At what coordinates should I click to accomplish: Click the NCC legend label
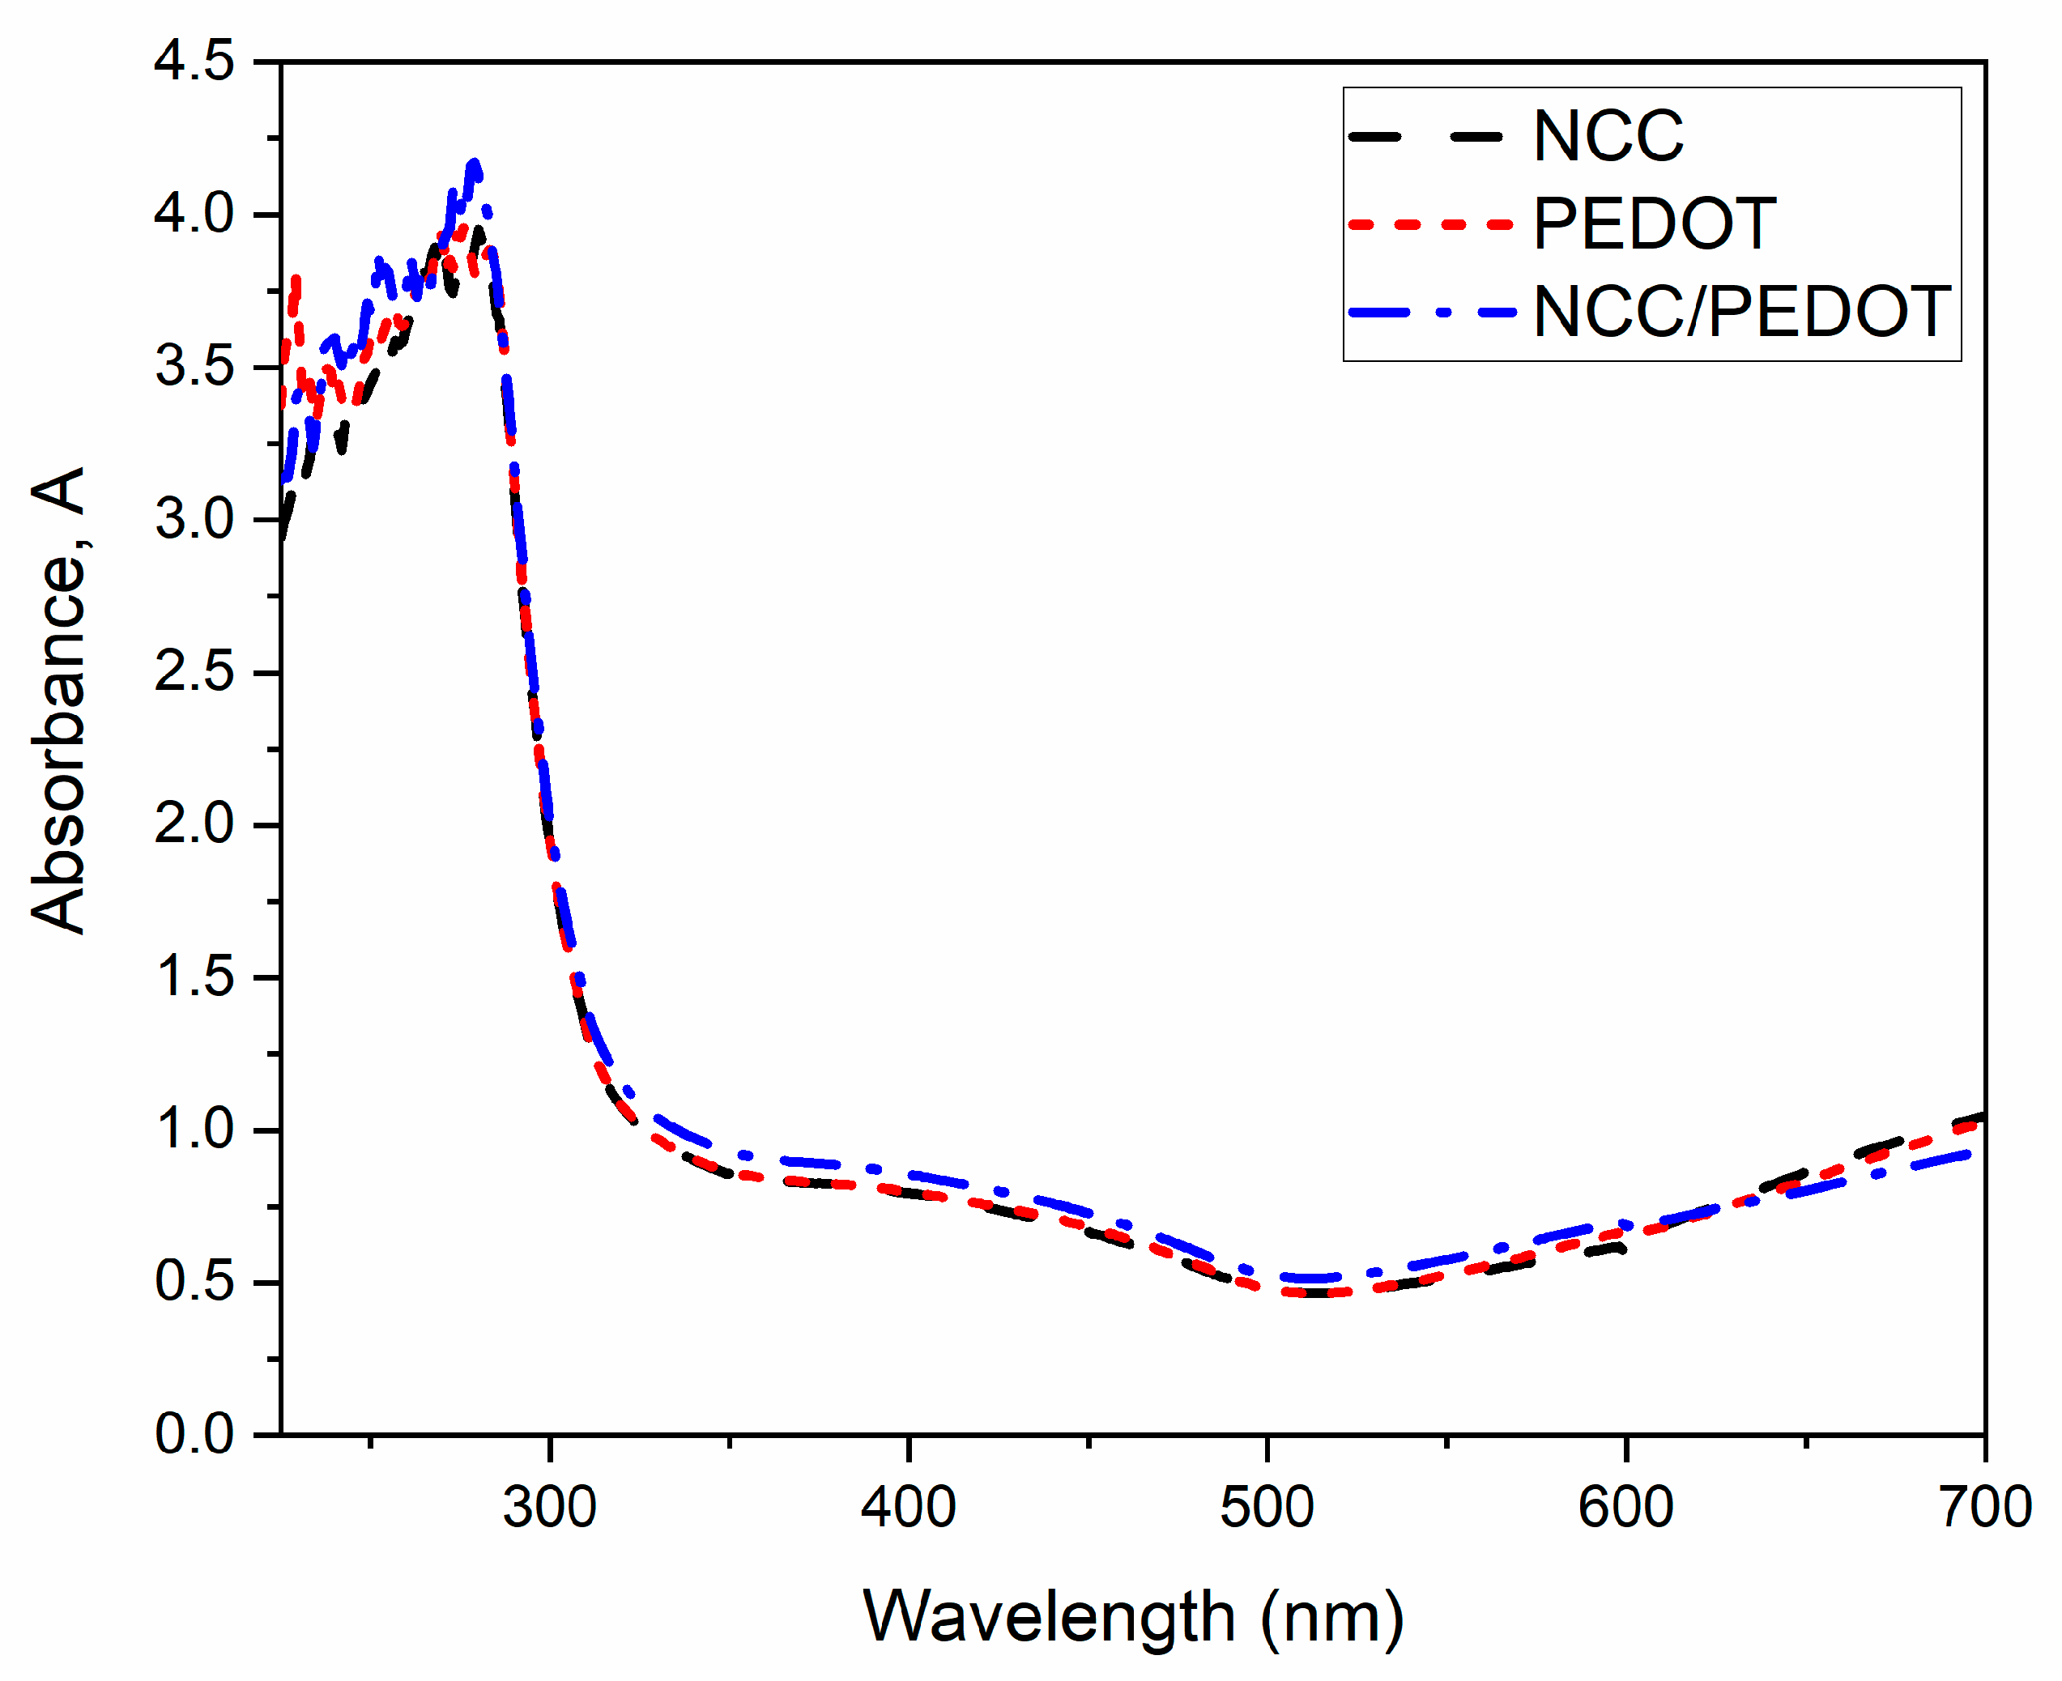(x=1607, y=137)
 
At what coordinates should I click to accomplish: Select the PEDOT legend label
(x=1653, y=224)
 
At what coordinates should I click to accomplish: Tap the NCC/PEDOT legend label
(x=1740, y=313)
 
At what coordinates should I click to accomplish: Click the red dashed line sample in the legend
(x=1429, y=224)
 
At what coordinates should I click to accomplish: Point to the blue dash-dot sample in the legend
(x=1431, y=313)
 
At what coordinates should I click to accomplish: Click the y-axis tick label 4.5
(x=194, y=62)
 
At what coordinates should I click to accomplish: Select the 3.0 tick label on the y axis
(x=194, y=520)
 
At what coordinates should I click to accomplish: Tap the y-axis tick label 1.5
(x=194, y=977)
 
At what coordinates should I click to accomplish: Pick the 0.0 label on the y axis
(x=194, y=1434)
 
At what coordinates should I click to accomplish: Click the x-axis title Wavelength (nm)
(x=1132, y=1618)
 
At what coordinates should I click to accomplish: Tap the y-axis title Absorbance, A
(x=58, y=701)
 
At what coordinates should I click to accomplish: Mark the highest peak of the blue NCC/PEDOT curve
(x=474, y=164)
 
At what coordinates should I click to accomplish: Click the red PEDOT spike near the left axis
(x=296, y=281)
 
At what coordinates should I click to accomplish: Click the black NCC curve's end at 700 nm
(x=1981, y=1117)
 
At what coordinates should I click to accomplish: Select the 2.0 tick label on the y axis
(x=194, y=825)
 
